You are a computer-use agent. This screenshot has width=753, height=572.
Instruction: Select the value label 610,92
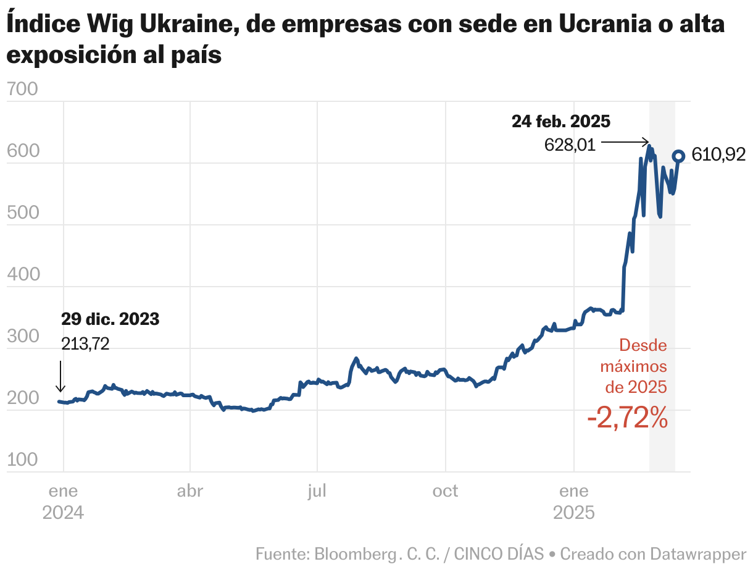click(718, 154)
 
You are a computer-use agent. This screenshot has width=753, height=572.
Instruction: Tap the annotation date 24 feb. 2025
click(560, 121)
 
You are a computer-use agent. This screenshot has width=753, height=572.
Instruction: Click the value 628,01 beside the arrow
click(570, 145)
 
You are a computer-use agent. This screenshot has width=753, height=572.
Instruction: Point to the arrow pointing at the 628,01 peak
click(625, 141)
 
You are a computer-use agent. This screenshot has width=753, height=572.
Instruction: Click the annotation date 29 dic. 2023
click(110, 319)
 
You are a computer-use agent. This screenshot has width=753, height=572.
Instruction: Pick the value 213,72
click(85, 343)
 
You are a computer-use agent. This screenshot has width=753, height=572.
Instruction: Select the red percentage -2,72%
click(628, 419)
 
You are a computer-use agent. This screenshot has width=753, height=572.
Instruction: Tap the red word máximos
click(633, 366)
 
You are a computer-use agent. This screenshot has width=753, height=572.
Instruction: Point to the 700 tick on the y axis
click(22, 90)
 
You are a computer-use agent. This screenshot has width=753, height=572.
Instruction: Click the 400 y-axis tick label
click(22, 274)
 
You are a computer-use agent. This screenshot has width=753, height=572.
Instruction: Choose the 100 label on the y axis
click(22, 460)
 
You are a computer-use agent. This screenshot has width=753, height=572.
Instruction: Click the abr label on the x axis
click(189, 491)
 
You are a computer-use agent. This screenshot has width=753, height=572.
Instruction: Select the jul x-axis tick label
click(317, 491)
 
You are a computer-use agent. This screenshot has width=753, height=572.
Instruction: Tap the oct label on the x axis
click(445, 491)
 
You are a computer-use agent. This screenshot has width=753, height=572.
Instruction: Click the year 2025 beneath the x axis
click(573, 513)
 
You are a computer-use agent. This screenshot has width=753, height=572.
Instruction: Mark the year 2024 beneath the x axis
click(63, 513)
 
